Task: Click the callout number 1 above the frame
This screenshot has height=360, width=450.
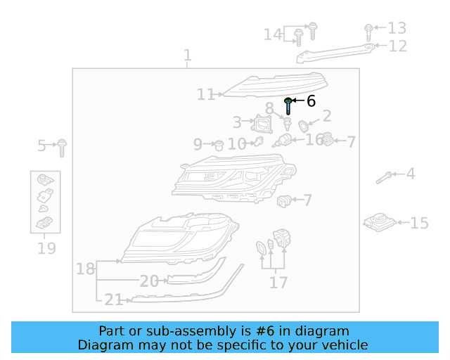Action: click(187, 55)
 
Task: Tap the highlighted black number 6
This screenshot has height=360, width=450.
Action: click(311, 101)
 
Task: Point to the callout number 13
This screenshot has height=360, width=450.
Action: click(397, 28)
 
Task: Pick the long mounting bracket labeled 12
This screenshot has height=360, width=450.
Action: click(337, 52)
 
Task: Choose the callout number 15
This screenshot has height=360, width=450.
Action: click(419, 223)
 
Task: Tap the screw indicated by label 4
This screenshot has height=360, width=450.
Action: click(384, 176)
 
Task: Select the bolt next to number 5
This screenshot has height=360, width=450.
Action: click(63, 146)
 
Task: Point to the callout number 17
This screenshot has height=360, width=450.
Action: click(278, 283)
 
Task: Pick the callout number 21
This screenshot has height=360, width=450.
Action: click(113, 300)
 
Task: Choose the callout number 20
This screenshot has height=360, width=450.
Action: click(149, 281)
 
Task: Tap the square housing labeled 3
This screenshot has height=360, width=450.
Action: click(263, 126)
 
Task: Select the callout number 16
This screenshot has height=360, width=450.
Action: click(314, 139)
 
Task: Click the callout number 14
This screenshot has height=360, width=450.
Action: click(273, 34)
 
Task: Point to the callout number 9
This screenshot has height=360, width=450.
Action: click(198, 144)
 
